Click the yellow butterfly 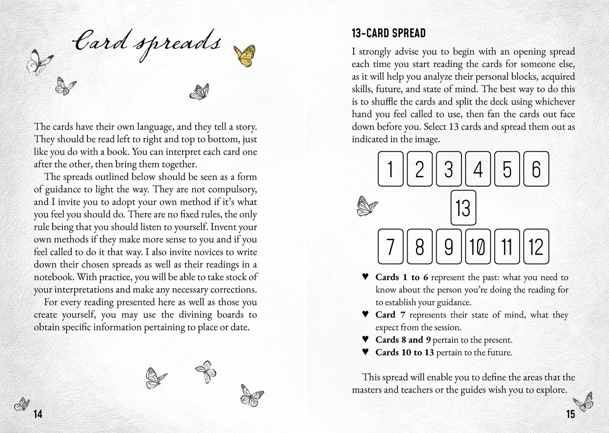pos(244,55)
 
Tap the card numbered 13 pos(463,208)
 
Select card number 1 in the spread pos(390,169)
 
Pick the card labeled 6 pos(536,169)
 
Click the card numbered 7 pos(390,246)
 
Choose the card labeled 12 pos(536,246)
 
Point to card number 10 pos(478,246)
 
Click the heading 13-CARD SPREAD pos(389,33)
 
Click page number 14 pos(38,414)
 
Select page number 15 pos(570,414)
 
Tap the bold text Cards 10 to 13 pos(404,352)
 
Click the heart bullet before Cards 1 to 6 pos(365,277)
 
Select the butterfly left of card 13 pos(367,206)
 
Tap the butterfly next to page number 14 pos(22,404)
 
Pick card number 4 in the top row pos(478,169)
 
